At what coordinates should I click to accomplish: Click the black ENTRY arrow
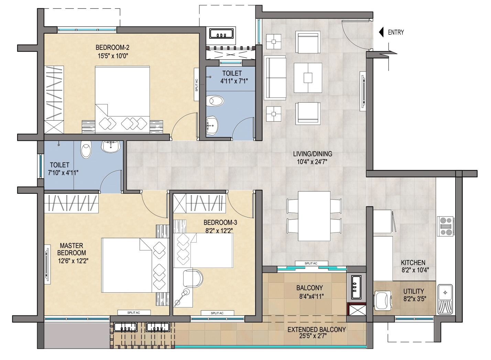381,32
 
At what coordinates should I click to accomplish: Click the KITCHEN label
413,263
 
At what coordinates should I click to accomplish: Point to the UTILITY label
414,291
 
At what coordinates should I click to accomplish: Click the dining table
314,216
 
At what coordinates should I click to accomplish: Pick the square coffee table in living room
308,77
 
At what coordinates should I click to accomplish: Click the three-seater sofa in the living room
275,77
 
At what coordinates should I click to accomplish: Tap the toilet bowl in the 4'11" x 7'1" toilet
216,101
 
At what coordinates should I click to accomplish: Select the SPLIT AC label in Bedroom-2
196,85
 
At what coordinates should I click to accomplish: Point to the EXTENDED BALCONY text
316,329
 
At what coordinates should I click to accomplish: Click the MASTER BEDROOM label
72,249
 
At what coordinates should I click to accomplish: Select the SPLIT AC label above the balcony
311,263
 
